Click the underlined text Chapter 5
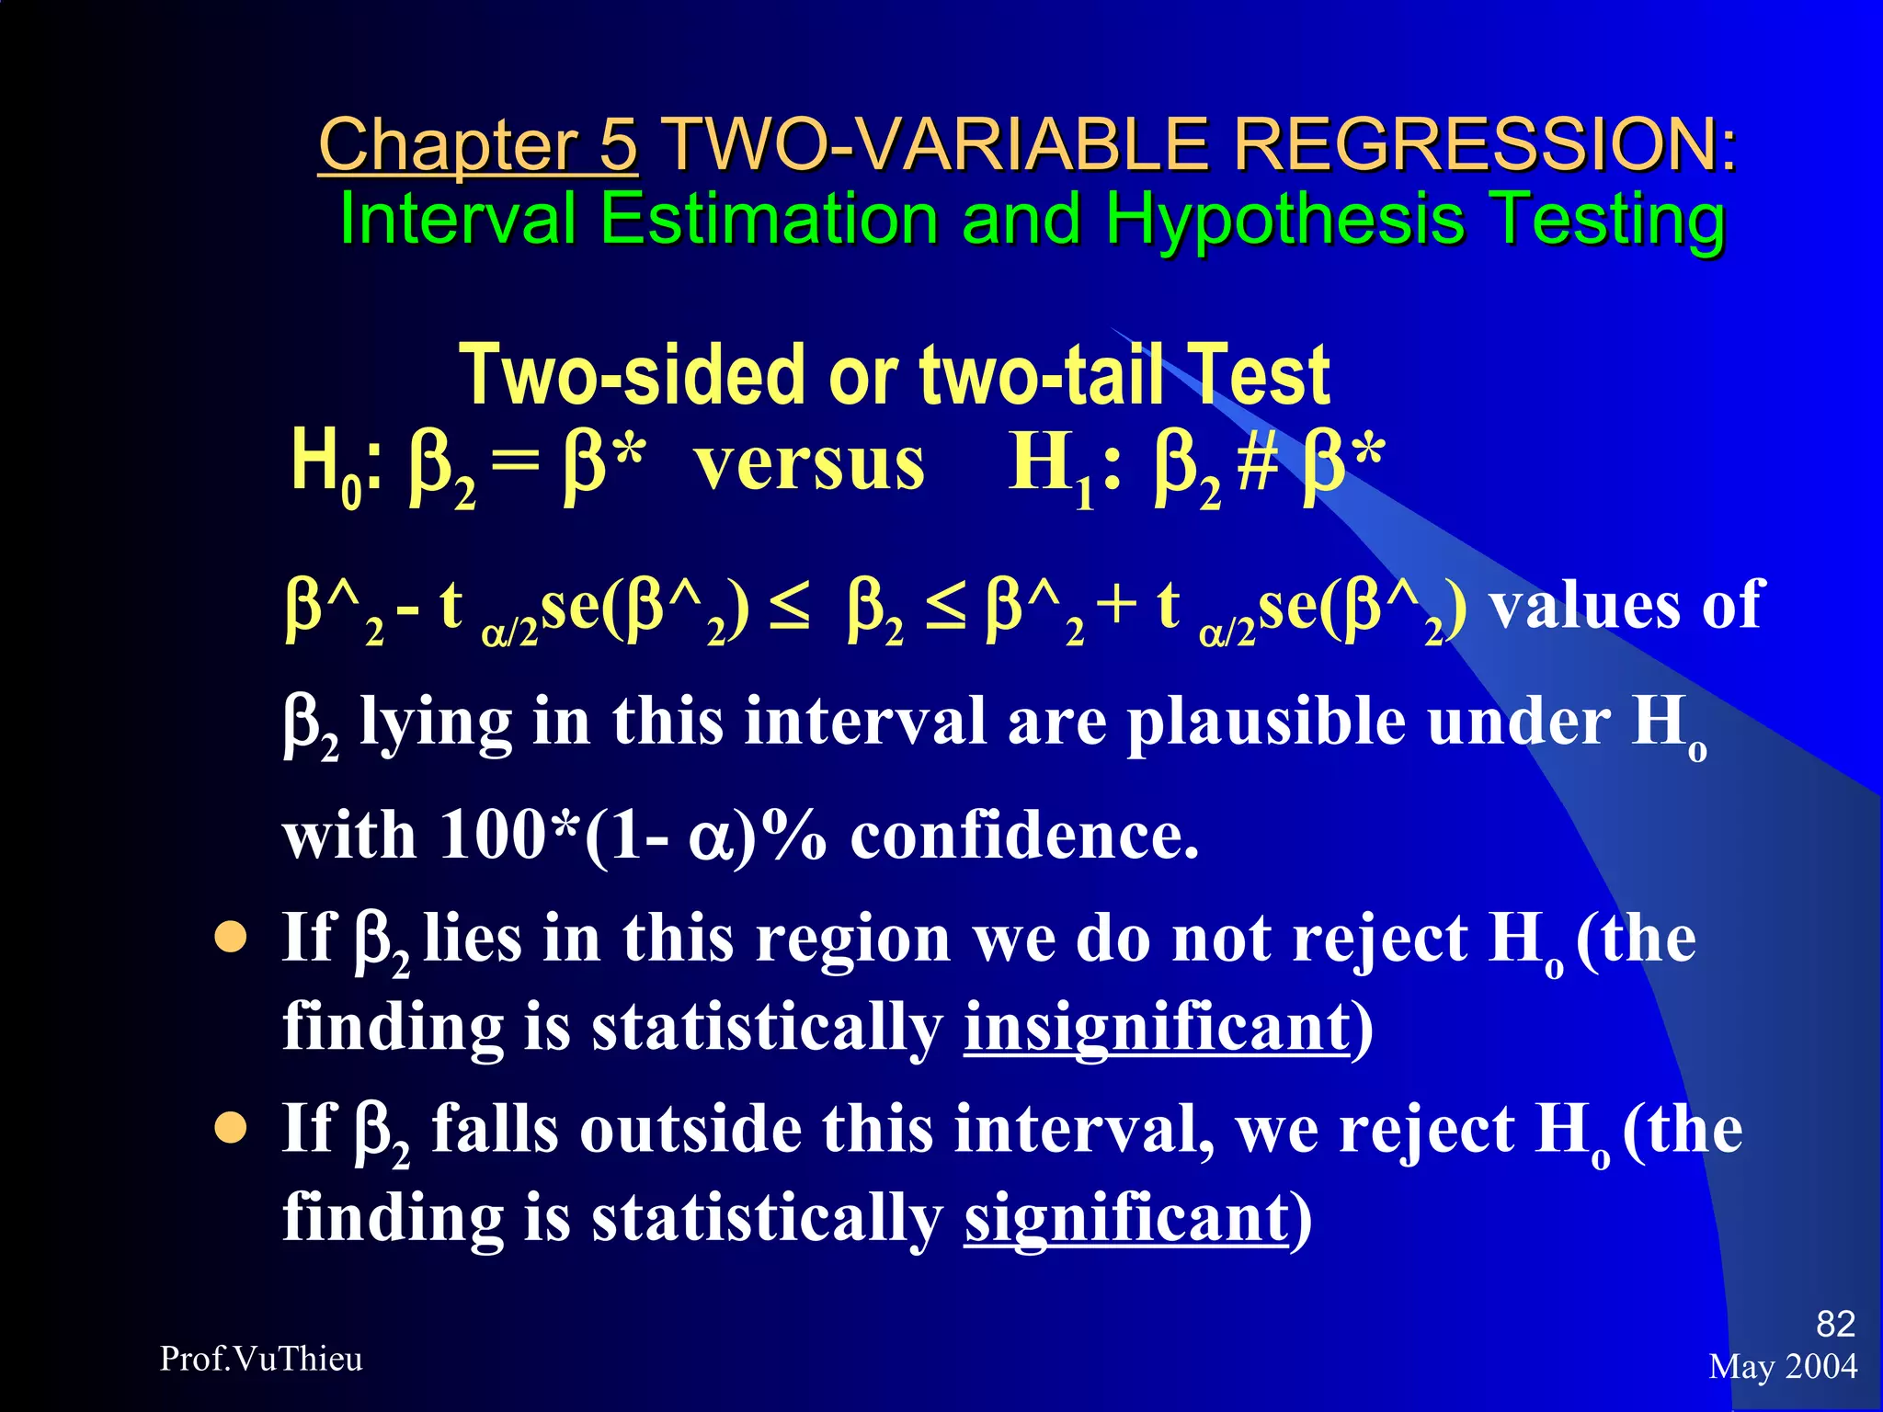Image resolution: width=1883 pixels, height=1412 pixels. (477, 145)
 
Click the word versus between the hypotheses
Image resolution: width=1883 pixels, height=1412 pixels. (809, 463)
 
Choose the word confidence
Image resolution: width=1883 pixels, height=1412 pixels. (1024, 836)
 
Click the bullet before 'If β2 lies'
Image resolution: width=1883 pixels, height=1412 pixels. (231, 939)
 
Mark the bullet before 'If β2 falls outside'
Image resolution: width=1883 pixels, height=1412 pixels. (231, 1128)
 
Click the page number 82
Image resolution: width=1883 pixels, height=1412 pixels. (1835, 1324)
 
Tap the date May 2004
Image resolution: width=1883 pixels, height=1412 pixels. (1783, 1367)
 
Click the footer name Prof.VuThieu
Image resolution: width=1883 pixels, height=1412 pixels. (261, 1359)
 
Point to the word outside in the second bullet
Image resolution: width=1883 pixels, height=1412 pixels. (690, 1130)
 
